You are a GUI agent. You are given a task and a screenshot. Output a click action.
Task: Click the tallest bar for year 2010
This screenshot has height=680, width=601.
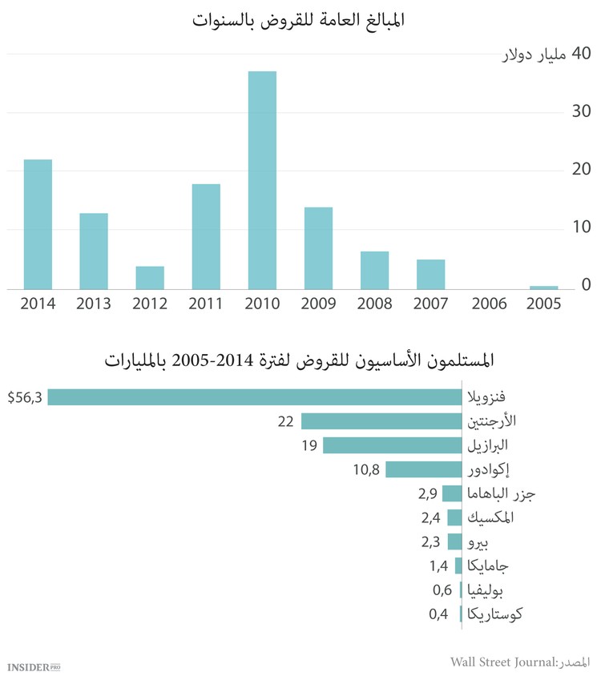point(262,180)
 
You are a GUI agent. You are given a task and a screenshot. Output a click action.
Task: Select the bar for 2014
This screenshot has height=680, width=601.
point(38,224)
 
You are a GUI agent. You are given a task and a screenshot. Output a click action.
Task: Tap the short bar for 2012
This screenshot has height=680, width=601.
point(150,277)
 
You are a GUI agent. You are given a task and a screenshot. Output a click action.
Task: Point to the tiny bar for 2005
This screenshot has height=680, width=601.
point(543,287)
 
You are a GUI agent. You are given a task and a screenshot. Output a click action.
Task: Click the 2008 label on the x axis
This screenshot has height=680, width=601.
point(374,304)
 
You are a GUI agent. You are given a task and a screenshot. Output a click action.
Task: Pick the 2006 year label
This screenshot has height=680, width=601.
point(487,304)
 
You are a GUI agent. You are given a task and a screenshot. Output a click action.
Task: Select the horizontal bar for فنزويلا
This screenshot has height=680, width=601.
point(255,397)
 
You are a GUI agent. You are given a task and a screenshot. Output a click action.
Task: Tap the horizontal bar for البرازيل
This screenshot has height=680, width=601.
point(393,445)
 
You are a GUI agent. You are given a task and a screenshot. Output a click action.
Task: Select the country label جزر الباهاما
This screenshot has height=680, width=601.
point(501,494)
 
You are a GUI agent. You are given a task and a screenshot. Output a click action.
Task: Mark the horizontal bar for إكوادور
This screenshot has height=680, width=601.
point(424,469)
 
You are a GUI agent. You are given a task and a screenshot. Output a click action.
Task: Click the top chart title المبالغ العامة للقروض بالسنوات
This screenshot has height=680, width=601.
point(300,20)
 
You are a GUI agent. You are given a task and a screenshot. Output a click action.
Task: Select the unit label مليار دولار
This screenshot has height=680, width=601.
point(534,56)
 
